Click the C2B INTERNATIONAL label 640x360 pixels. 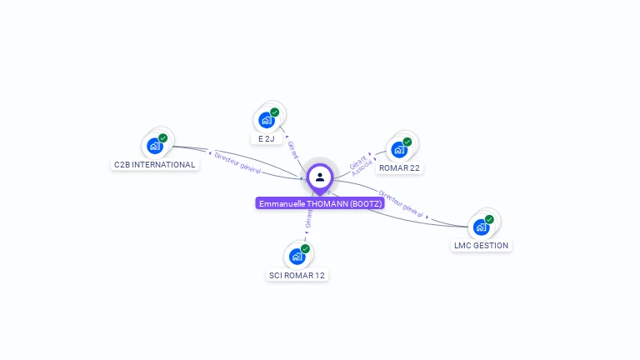click(x=155, y=164)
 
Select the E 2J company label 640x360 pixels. click(x=266, y=138)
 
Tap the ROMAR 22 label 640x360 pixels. click(x=399, y=167)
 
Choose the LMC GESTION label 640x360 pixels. click(x=481, y=245)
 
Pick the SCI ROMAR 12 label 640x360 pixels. click(x=297, y=275)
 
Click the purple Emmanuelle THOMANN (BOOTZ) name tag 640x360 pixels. click(x=320, y=203)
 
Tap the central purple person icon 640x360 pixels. click(x=320, y=177)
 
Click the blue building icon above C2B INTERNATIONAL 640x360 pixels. click(x=154, y=146)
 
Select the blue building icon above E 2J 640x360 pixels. click(x=266, y=120)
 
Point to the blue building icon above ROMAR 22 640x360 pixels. click(x=398, y=149)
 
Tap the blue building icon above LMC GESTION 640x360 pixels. click(x=481, y=227)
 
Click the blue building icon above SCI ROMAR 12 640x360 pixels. click(x=297, y=257)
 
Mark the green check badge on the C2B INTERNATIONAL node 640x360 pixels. click(x=162, y=137)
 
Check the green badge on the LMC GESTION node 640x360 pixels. click(x=489, y=219)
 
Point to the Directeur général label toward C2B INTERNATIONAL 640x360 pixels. click(x=237, y=162)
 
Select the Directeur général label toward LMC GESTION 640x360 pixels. click(x=402, y=203)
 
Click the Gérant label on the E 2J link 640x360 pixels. click(x=292, y=149)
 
